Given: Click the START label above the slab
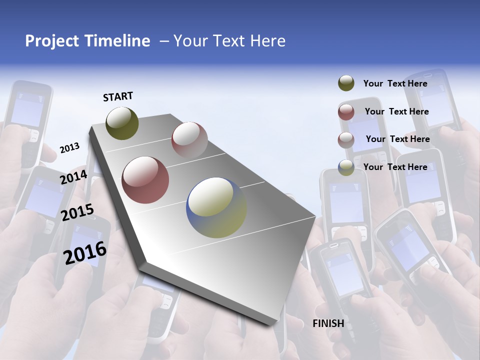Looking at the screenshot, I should pyautogui.click(x=118, y=96).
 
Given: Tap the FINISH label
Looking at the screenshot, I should pyautogui.click(x=328, y=323).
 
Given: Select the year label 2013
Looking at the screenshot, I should pyautogui.click(x=69, y=148).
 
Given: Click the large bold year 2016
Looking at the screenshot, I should pyautogui.click(x=85, y=253).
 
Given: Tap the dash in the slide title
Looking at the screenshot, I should pyautogui.click(x=163, y=41).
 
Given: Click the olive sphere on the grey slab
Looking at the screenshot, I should pyautogui.click(x=122, y=123).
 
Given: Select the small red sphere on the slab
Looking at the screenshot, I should pyautogui.click(x=189, y=139).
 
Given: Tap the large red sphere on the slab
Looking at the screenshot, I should pyautogui.click(x=145, y=180).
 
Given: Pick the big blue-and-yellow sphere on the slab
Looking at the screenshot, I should pyautogui.click(x=216, y=207).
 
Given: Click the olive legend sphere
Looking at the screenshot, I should pyautogui.click(x=346, y=83).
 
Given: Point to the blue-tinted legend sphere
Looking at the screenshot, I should pyautogui.click(x=346, y=167).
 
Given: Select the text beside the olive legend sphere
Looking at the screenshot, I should pyautogui.click(x=395, y=83).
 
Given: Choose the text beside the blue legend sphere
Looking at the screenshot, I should pyautogui.click(x=395, y=167).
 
